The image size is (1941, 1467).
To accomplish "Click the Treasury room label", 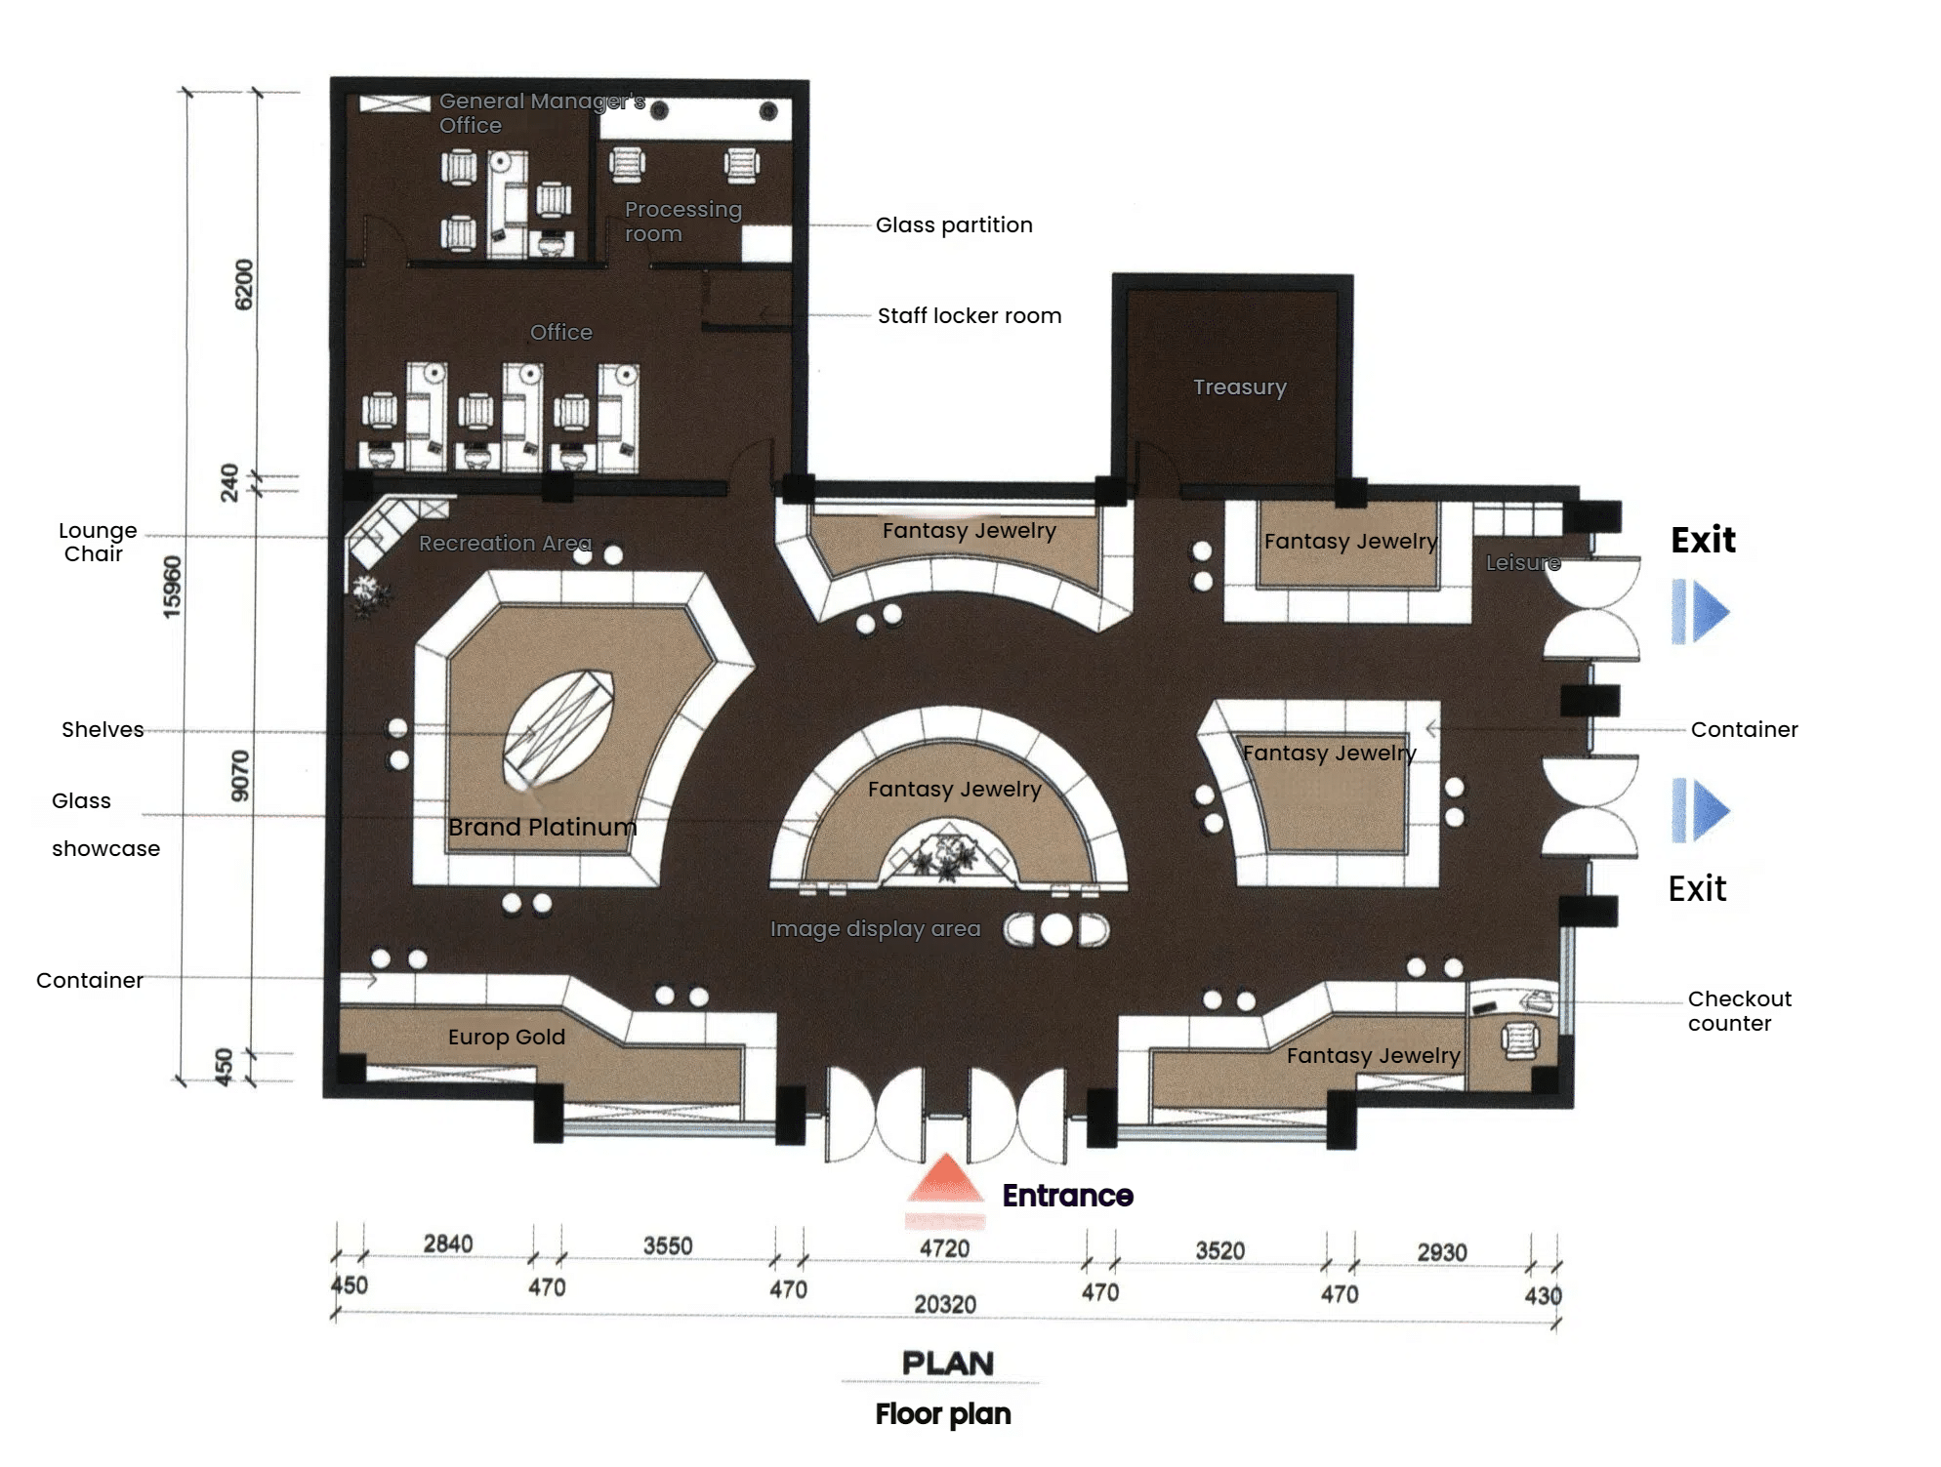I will click(x=1239, y=387).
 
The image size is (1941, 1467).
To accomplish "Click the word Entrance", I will click(x=1067, y=1196).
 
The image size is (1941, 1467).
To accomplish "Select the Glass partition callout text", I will click(x=953, y=225).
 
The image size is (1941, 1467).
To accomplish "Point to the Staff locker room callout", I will click(x=969, y=316).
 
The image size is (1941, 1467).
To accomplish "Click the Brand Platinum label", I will click(x=542, y=828).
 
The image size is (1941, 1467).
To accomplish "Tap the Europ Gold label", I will click(x=506, y=1038).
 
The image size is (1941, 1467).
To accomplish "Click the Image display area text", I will click(x=875, y=929).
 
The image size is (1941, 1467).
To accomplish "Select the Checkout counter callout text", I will click(x=1739, y=1011).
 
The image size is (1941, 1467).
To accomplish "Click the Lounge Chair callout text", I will click(x=97, y=543).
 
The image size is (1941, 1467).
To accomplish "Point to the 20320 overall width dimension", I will click(x=944, y=1305).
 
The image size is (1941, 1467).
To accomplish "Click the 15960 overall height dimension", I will click(x=172, y=587).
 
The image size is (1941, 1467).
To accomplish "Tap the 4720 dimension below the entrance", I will click(x=944, y=1249).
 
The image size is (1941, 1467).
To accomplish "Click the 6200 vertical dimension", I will click(x=243, y=285).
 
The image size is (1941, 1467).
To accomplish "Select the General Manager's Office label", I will click(x=541, y=113).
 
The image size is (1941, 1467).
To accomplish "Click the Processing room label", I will click(x=682, y=222).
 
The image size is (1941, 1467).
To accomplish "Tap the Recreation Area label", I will click(x=505, y=544).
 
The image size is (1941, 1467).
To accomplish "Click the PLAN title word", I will click(x=947, y=1364).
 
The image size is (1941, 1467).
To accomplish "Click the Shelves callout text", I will click(x=103, y=730).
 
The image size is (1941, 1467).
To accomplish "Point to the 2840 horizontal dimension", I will click(x=448, y=1244).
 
